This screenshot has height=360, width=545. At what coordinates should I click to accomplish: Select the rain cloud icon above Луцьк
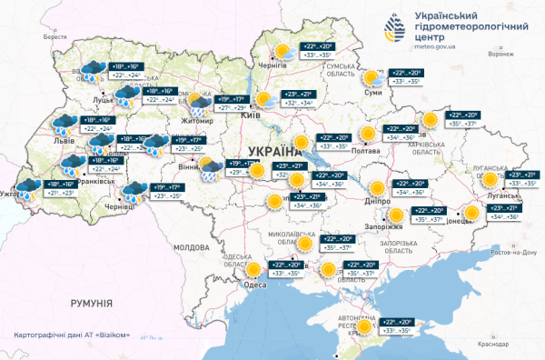[x=91, y=68]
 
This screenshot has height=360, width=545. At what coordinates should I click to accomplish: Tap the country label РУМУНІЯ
[x=89, y=303]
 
